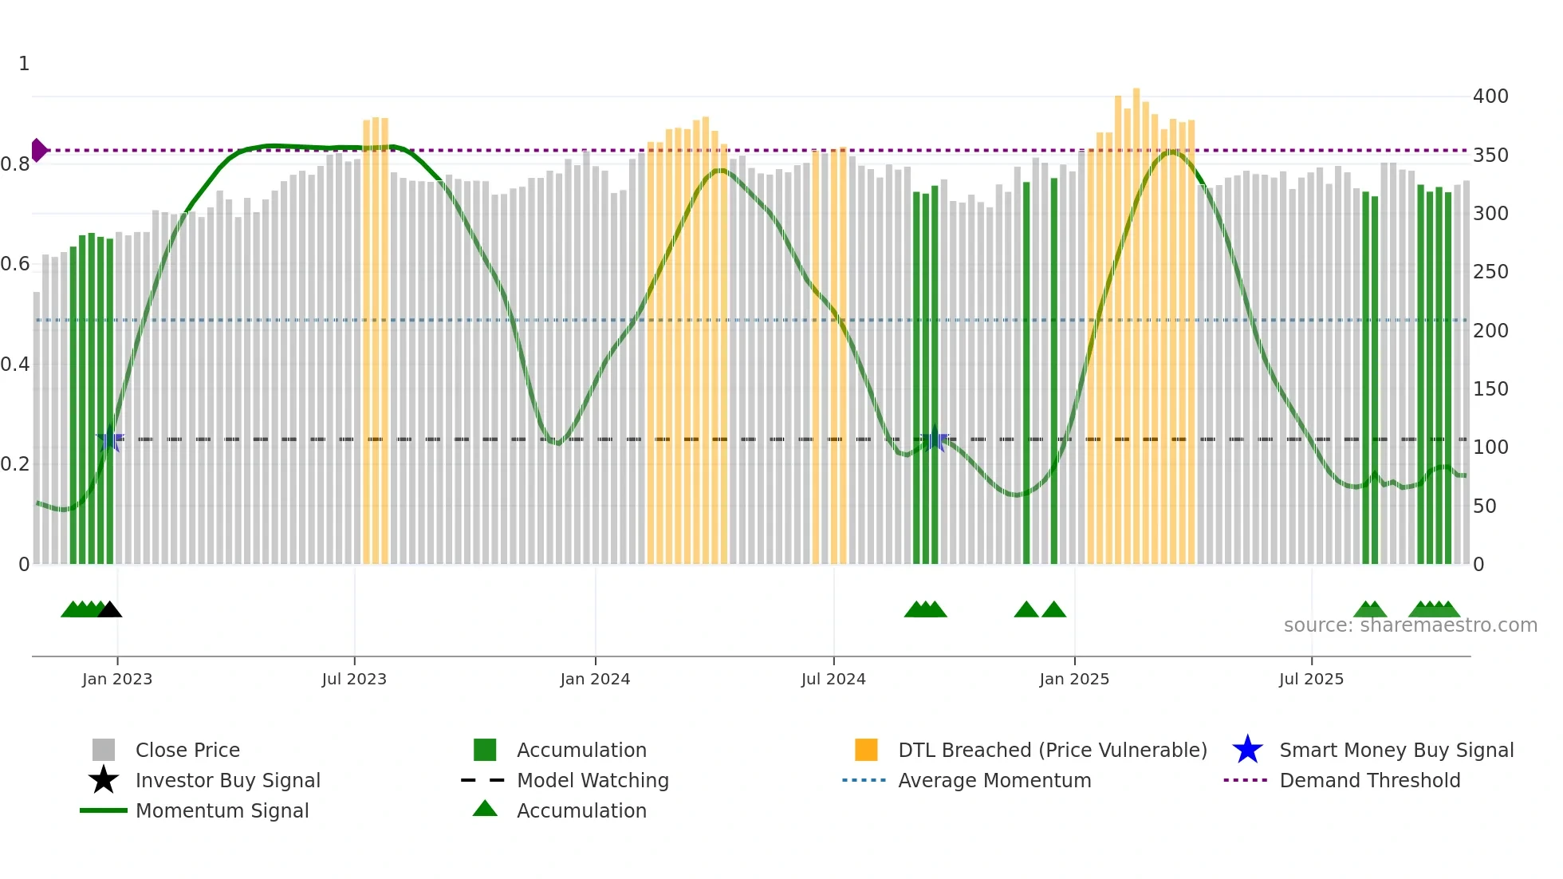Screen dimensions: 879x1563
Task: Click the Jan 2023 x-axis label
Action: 117,679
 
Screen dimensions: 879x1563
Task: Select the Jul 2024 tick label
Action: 833,679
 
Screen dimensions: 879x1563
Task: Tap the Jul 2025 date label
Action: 1311,679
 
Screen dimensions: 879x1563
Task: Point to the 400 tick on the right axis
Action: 1490,97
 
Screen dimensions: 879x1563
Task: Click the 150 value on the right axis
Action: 1490,389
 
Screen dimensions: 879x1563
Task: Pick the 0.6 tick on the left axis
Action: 15,264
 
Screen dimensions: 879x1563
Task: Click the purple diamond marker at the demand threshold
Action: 38,150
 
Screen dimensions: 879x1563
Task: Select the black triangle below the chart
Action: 110,609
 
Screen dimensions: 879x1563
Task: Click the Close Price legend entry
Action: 187,750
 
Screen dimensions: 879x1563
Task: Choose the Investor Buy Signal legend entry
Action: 227,780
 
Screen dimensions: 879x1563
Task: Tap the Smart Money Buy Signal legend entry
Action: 1396,750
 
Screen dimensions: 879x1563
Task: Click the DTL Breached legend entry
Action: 1052,750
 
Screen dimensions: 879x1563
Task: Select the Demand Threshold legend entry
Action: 1369,780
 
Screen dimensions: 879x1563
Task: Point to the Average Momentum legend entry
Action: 994,780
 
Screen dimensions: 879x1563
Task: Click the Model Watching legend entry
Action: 593,780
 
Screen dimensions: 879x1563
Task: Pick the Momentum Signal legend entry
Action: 222,810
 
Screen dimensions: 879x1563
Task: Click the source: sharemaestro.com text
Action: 1410,625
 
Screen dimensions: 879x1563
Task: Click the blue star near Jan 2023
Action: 110,439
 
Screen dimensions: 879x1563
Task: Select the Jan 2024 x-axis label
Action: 595,679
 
